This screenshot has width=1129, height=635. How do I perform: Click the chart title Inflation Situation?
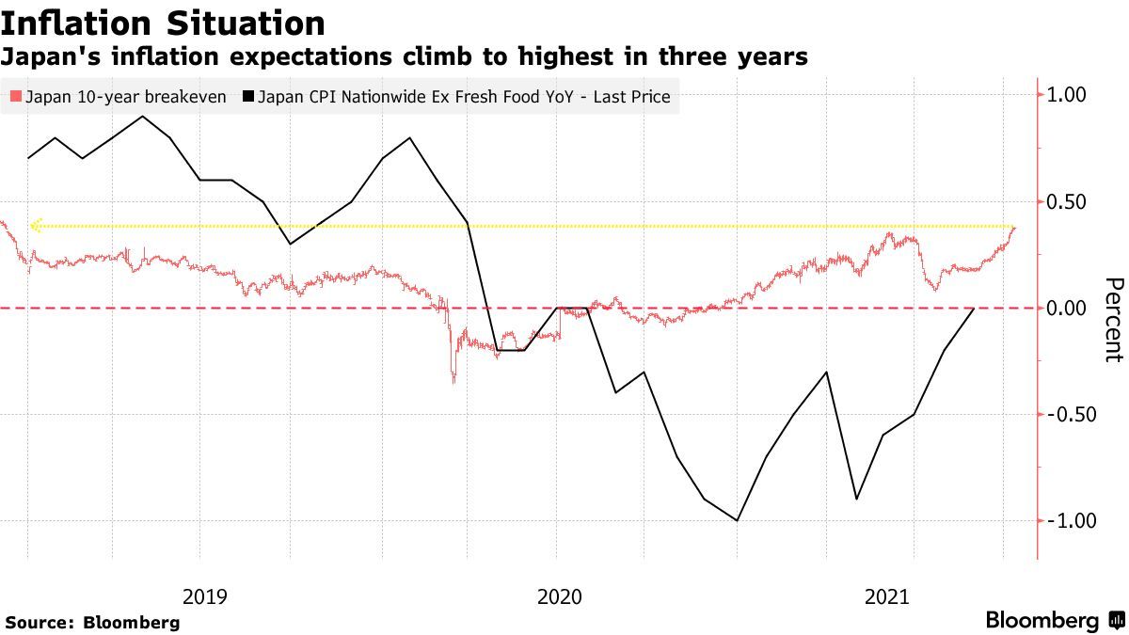(164, 22)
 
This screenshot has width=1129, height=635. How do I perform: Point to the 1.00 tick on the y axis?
(1066, 95)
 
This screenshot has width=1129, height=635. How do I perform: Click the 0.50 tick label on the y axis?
(1066, 202)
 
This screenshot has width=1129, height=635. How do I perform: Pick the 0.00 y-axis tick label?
(1066, 309)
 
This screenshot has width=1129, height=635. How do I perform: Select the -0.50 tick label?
(1063, 415)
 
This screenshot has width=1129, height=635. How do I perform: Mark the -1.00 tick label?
(1063, 521)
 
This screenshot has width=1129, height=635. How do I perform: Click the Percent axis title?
(1113, 320)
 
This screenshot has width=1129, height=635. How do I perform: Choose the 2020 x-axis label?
(559, 595)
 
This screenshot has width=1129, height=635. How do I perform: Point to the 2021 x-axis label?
(886, 595)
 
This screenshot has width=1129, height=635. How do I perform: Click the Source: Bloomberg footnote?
(92, 622)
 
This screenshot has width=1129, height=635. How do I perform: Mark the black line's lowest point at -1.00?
(737, 520)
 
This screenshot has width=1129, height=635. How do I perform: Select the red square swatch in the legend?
(14, 97)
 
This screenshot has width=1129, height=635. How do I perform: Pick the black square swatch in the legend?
(248, 97)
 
